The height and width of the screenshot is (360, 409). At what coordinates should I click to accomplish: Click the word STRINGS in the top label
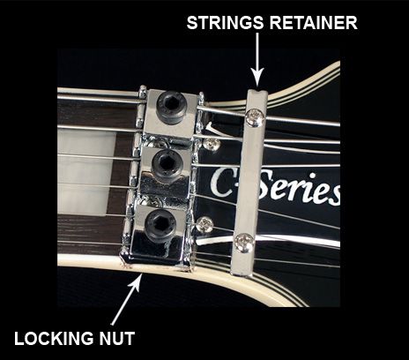point(225,23)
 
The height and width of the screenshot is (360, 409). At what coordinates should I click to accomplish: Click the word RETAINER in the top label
point(314,23)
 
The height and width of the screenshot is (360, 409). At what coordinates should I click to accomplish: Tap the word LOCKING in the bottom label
point(54,338)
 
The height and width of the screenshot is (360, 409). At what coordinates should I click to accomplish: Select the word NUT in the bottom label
point(117,338)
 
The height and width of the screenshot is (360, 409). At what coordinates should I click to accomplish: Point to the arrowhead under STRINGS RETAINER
point(257,77)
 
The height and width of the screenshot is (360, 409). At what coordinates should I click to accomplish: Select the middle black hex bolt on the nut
point(167,164)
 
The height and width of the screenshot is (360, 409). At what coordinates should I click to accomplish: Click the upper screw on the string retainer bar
point(255,117)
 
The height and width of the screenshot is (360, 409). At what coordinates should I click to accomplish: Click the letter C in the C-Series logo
point(221,182)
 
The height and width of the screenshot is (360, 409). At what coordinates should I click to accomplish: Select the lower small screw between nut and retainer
point(205,224)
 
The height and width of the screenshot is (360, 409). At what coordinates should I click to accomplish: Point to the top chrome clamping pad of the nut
point(171,114)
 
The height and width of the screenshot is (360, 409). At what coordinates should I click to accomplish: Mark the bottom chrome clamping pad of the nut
point(159,232)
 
